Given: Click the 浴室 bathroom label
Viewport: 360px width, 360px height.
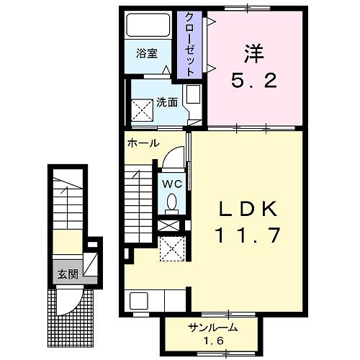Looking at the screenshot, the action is coord(147,53).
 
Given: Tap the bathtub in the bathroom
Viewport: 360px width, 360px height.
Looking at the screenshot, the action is coord(148,25).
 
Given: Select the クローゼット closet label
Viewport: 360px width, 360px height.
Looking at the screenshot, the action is coord(189,45).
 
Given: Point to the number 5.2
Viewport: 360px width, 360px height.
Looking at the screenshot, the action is coord(254,81).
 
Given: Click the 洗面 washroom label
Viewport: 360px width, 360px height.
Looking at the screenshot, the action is coord(167,103).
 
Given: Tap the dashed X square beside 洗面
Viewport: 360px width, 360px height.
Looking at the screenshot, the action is coord(142,110).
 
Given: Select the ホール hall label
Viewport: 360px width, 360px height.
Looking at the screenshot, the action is coord(143,143).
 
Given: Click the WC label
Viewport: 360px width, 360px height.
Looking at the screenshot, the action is coord(172,184).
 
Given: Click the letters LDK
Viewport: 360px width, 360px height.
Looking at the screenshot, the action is coord(248,209).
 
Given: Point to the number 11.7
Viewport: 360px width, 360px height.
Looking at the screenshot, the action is coord(248,235).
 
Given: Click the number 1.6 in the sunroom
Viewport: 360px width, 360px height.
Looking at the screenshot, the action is coord(213,341).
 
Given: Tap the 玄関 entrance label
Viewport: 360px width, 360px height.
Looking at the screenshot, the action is coord(68,274).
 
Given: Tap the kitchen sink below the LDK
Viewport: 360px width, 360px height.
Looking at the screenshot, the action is coord(139,301).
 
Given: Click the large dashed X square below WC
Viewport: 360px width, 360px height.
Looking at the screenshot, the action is coord(173,248).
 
